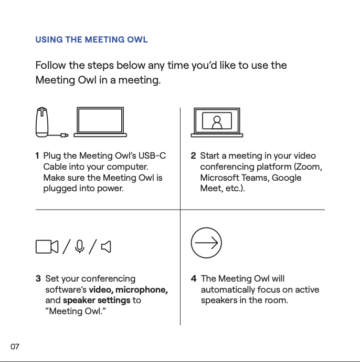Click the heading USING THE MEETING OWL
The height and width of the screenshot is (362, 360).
pos(91,40)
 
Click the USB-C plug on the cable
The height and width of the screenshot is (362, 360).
pos(65,135)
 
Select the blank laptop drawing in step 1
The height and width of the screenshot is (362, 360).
pos(100,122)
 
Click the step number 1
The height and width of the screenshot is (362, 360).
pos(37,156)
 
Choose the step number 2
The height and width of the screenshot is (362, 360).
pos(193,156)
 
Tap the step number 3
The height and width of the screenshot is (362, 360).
pos(38,279)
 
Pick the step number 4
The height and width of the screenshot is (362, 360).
pos(194,279)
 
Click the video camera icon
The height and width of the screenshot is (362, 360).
pos(47,246)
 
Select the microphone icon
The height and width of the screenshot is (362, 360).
pos(79,246)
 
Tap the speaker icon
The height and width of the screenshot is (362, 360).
pos(106,246)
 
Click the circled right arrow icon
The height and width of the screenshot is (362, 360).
pos(206,243)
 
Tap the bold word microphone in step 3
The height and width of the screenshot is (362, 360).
pos(142,290)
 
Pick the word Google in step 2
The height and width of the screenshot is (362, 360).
pos(287,178)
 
